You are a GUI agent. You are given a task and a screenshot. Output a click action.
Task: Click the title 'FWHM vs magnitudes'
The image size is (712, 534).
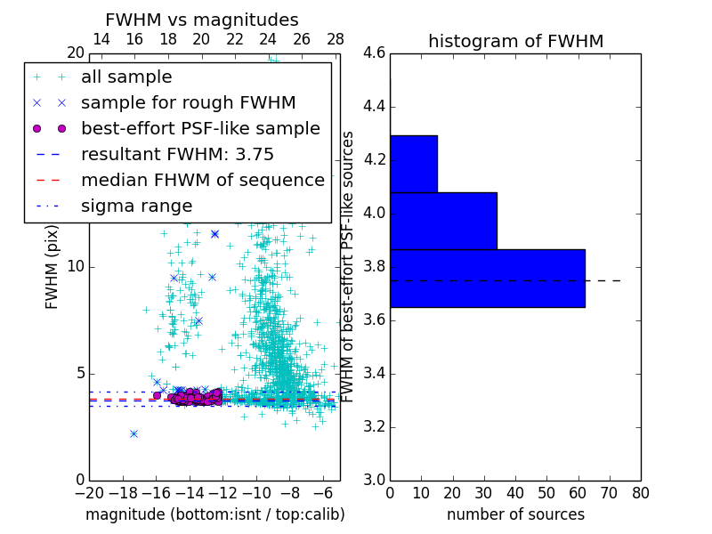202,20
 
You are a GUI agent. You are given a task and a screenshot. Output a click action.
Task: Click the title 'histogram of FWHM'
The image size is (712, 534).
515,41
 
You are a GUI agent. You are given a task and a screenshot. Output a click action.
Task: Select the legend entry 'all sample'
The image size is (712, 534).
126,77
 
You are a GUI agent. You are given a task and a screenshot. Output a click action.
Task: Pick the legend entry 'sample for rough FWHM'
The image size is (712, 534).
188,102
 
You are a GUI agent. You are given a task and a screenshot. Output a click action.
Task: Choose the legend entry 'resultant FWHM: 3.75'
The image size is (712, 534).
177,154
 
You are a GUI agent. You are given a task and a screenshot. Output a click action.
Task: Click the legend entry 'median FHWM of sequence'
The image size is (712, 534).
202,180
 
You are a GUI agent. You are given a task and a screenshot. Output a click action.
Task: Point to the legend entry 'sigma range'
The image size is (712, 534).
136,206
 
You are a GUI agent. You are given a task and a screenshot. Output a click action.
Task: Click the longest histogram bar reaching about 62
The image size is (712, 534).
487,278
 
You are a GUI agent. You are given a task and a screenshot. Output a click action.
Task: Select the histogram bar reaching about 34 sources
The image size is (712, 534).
443,221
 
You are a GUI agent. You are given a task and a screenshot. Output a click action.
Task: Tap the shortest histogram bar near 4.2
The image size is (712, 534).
413,164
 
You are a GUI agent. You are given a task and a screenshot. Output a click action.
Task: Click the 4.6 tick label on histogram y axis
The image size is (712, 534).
375,53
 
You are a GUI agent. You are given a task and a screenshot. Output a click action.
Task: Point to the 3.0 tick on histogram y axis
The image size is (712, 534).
375,480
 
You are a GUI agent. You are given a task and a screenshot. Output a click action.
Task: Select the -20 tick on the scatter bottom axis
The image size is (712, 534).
89,493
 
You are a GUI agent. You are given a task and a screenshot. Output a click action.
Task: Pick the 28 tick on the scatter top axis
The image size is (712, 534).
336,39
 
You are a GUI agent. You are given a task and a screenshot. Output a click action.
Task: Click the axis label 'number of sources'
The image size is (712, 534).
515,514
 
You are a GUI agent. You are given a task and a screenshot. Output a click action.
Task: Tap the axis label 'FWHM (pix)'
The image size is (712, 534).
53,267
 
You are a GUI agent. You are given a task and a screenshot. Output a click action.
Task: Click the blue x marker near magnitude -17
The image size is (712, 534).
133,433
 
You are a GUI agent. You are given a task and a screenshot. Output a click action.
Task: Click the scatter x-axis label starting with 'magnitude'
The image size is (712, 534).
214,514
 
